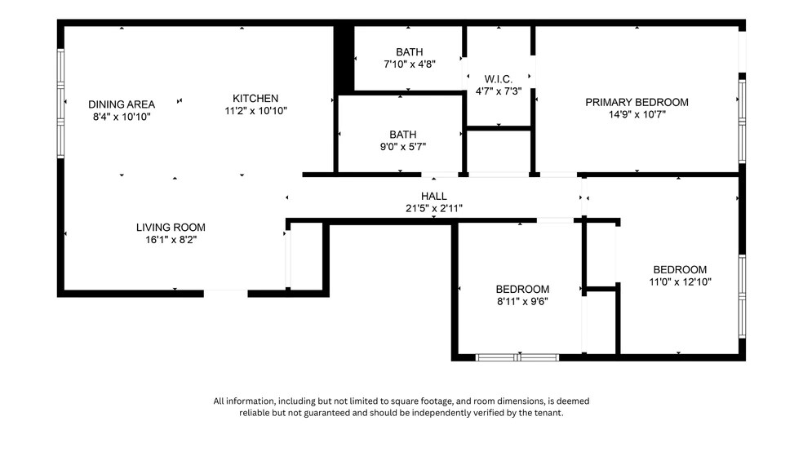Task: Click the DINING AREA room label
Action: tap(121, 104)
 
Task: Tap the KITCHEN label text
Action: tap(255, 98)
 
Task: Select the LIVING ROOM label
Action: tap(171, 227)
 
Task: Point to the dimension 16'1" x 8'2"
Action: tap(171, 240)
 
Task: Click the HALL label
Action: tap(433, 196)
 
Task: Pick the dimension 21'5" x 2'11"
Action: tap(433, 208)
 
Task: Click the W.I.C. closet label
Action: tap(498, 79)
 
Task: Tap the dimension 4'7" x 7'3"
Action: tap(498, 91)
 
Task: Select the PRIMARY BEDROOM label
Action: tap(637, 102)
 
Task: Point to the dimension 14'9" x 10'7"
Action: tap(637, 115)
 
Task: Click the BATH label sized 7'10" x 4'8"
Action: tap(410, 51)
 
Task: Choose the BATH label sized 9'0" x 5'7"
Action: tap(402, 135)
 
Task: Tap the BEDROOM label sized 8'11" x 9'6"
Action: tap(522, 289)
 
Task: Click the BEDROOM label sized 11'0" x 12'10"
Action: tap(679, 269)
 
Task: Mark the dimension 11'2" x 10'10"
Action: tap(255, 110)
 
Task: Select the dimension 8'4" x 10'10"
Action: tap(121, 117)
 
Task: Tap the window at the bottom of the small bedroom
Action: tap(517, 357)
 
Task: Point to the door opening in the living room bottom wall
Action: tap(225, 291)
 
